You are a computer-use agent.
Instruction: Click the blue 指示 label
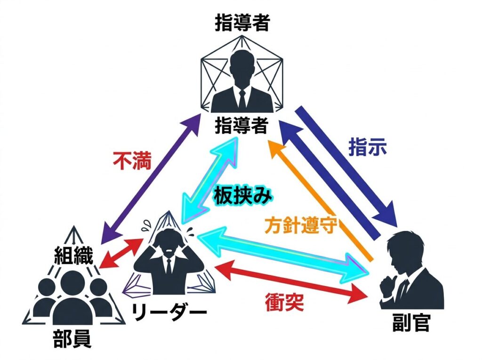(368, 147)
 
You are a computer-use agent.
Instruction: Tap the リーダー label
(169, 312)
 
